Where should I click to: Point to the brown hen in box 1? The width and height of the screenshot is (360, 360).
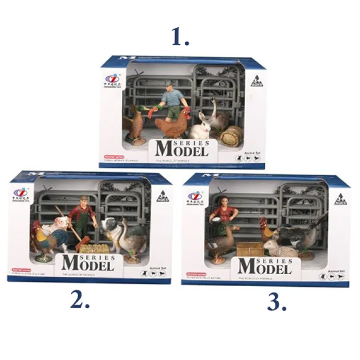(171, 127)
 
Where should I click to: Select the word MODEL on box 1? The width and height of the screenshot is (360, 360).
(182, 149)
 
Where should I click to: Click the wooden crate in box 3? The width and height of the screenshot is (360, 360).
(250, 249)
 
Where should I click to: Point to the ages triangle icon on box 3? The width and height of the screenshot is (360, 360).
(339, 199)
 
